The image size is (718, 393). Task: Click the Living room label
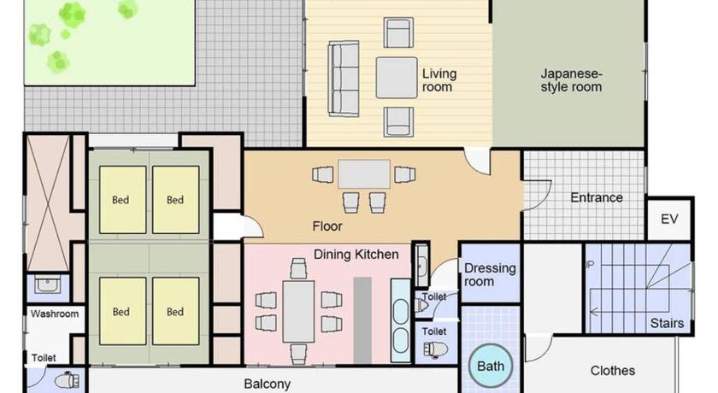pos(439,80)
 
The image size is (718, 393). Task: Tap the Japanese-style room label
pos(571,80)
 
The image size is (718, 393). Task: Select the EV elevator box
pos(669,219)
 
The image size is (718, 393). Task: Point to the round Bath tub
pos(491,366)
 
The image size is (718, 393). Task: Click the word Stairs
pos(667,323)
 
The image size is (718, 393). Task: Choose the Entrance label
pos(597,197)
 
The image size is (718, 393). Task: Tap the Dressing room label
pos(490,274)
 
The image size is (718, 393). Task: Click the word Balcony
pos(267,384)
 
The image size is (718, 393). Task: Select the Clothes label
pos(612,370)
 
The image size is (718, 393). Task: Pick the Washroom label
pos(55,314)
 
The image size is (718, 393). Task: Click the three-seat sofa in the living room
pos(344,79)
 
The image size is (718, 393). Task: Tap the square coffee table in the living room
pos(397,78)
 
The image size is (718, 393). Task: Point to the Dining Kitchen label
pos(356,255)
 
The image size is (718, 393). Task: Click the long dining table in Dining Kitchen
pos(298,311)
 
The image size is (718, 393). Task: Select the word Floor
pos(327,226)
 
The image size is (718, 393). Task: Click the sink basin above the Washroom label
pos(48,284)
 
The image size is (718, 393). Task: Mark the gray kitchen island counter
pos(362,320)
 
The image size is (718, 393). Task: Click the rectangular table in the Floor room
pos(364,173)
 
